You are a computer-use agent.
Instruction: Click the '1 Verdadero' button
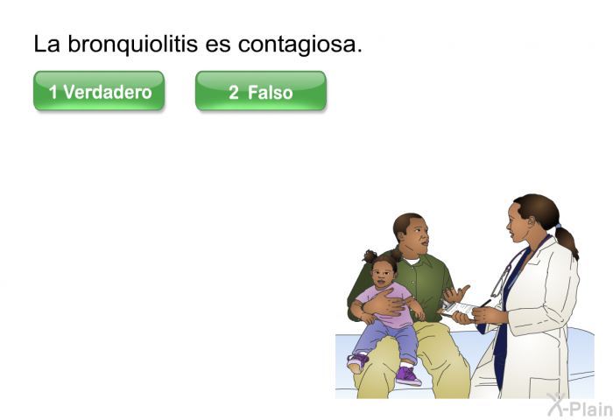pyautogui.click(x=99, y=92)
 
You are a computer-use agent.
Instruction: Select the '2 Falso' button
pyautogui.click(x=261, y=92)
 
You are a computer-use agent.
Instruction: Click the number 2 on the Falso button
pyautogui.click(x=234, y=92)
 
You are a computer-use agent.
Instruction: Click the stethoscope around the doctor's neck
pyautogui.click(x=502, y=280)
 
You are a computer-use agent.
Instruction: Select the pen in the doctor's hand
pyautogui.click(x=483, y=304)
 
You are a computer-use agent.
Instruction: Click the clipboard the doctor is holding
pyautogui.click(x=459, y=308)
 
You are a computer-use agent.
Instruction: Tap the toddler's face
pyautogui.click(x=383, y=276)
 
